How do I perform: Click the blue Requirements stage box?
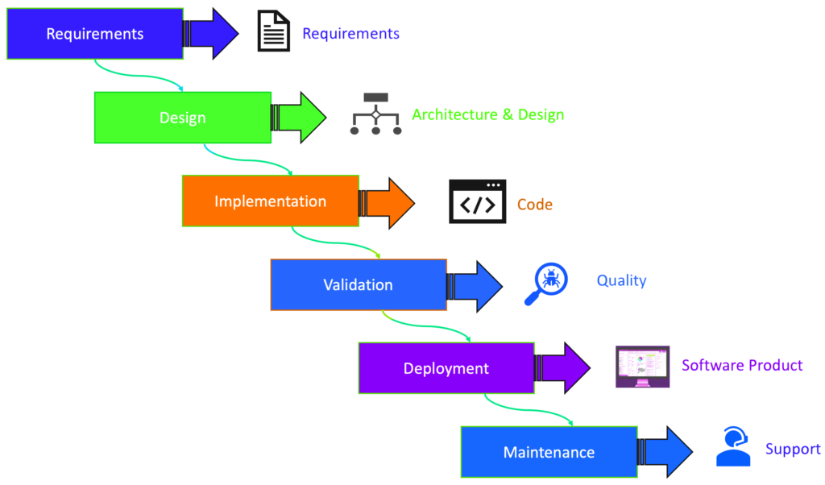[x=95, y=34]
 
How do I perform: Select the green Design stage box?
[x=183, y=118]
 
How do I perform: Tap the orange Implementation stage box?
[x=271, y=201]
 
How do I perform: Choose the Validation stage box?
[x=359, y=284]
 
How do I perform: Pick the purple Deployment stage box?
[x=446, y=368]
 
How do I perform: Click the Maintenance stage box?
[x=549, y=452]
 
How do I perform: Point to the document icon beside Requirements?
[x=274, y=31]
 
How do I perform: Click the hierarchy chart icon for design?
[x=375, y=114]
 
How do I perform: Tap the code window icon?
[x=478, y=201]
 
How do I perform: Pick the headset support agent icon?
[x=732, y=447]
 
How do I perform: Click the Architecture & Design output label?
[x=487, y=114]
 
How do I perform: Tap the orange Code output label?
[x=535, y=205]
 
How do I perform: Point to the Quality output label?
[x=621, y=280]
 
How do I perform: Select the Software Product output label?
[x=742, y=365]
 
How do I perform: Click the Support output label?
[x=793, y=449]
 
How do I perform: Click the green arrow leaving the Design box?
[x=302, y=118]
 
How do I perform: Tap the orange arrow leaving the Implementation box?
[x=390, y=201]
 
